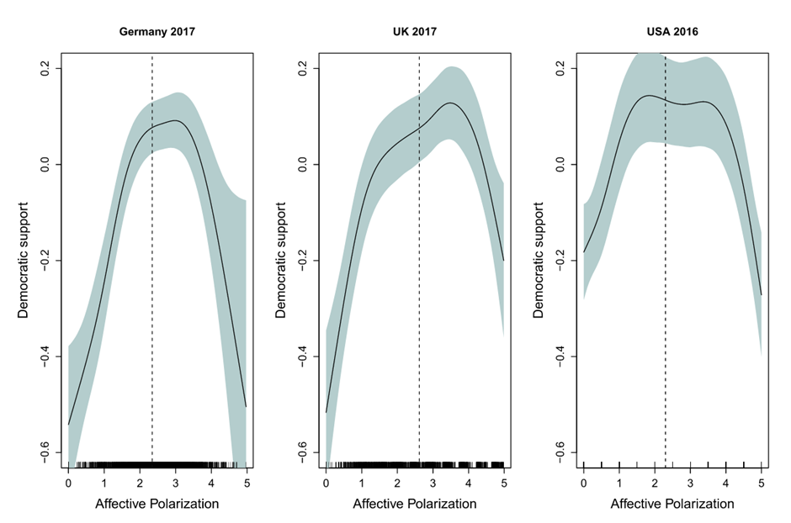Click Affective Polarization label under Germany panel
pyautogui.click(x=157, y=504)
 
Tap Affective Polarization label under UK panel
pyautogui.click(x=414, y=504)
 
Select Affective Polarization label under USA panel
pyautogui.click(x=672, y=504)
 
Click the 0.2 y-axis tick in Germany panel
pyautogui.click(x=47, y=68)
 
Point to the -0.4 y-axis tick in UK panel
pyautogui.click(x=305, y=357)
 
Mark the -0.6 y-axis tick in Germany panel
pyautogui.click(x=47, y=454)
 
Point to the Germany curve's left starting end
pyautogui.click(x=69, y=425)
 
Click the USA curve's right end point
pyautogui.click(x=761, y=294)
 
